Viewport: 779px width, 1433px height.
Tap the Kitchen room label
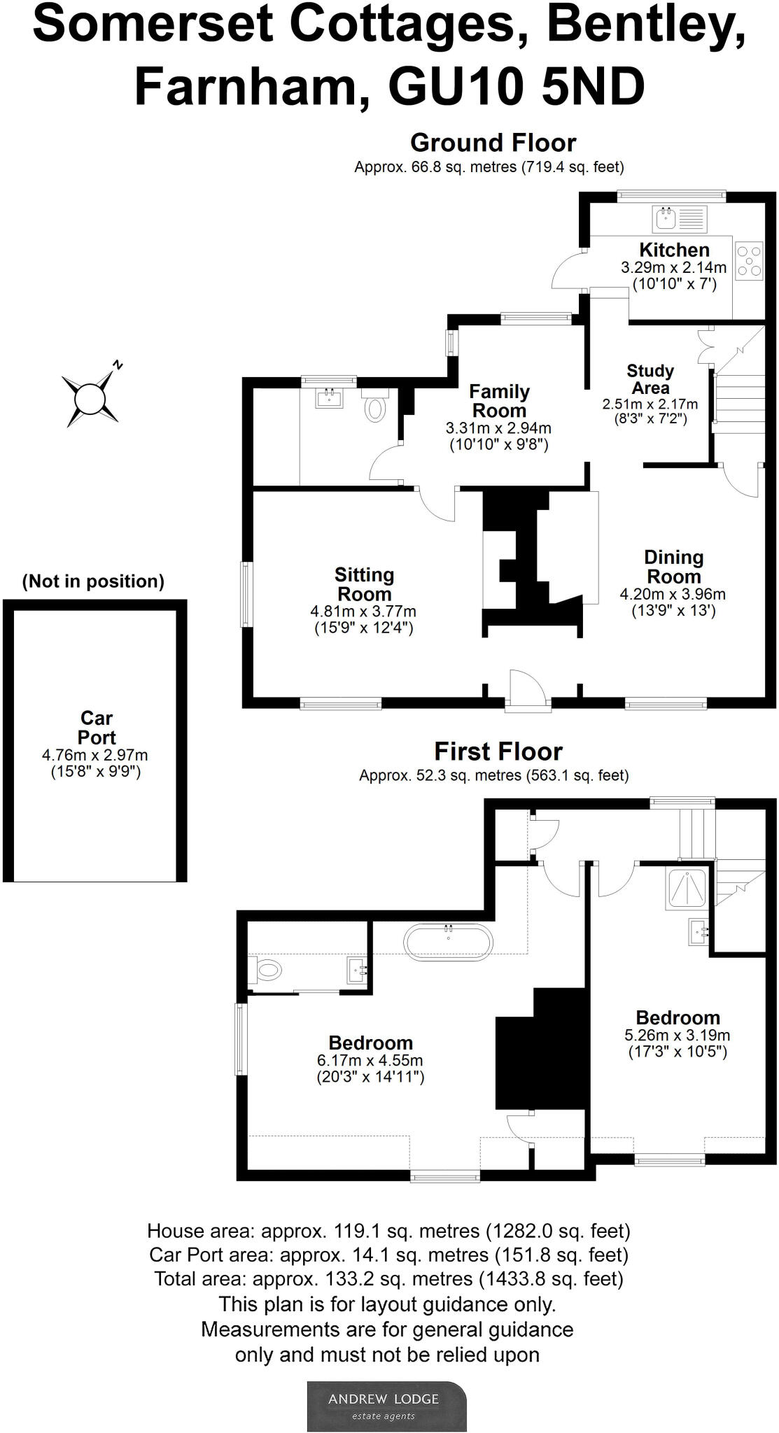point(674,250)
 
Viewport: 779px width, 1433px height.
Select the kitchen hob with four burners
point(749,261)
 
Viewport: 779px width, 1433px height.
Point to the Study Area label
point(650,379)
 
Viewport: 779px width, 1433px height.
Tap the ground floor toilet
point(376,407)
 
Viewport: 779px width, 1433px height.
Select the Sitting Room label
point(364,584)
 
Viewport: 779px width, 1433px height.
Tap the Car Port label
point(97,728)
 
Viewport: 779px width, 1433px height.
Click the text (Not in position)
point(93,581)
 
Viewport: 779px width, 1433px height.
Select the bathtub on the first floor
point(449,941)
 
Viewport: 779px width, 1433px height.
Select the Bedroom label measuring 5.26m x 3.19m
point(678,1018)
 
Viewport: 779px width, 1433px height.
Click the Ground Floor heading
point(493,143)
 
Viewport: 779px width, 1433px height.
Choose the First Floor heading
point(498,751)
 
